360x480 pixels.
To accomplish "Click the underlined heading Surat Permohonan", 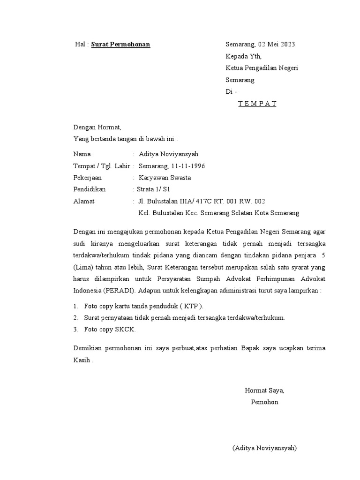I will [120, 45].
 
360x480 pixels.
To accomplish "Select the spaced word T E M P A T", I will [257, 104].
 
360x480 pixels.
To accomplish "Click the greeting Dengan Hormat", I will [97, 127].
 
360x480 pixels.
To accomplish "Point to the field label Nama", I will [82, 154].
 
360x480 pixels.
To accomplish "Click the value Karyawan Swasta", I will [165, 178].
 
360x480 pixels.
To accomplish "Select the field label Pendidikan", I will [90, 189].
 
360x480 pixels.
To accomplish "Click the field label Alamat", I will [84, 201].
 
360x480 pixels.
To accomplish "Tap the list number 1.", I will [75, 306].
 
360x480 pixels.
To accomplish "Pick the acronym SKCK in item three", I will [125, 330].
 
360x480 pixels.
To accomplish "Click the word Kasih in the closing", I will [83, 360].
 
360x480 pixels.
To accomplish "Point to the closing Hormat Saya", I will [264, 390].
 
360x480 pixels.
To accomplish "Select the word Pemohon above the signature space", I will [264, 402].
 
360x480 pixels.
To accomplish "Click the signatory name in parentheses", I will [264, 448].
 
